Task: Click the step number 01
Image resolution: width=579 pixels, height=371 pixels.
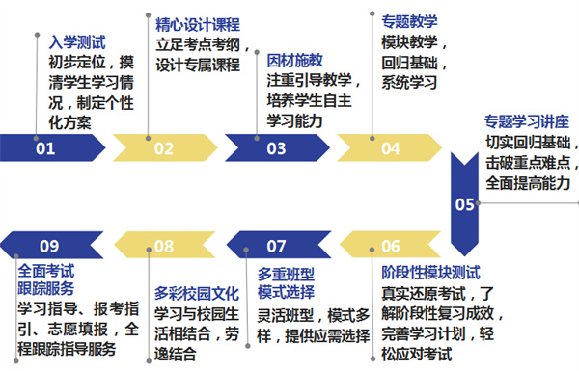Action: click(x=45, y=148)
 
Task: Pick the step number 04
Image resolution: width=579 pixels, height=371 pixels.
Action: click(x=390, y=148)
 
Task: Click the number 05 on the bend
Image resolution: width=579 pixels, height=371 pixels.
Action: click(x=465, y=204)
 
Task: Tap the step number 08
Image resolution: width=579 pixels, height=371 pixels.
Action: click(x=162, y=247)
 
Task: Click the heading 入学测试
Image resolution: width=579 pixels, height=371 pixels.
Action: click(x=77, y=43)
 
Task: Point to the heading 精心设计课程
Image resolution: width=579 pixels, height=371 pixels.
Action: click(x=198, y=24)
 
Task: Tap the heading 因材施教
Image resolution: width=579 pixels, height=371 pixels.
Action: click(x=295, y=60)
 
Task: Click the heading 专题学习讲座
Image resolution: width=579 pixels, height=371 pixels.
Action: click(x=526, y=122)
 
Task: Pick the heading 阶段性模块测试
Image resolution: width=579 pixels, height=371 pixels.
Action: click(x=430, y=272)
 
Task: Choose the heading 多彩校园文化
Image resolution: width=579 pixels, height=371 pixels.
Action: click(x=199, y=290)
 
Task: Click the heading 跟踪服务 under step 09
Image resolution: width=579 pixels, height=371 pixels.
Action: click(x=47, y=287)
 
